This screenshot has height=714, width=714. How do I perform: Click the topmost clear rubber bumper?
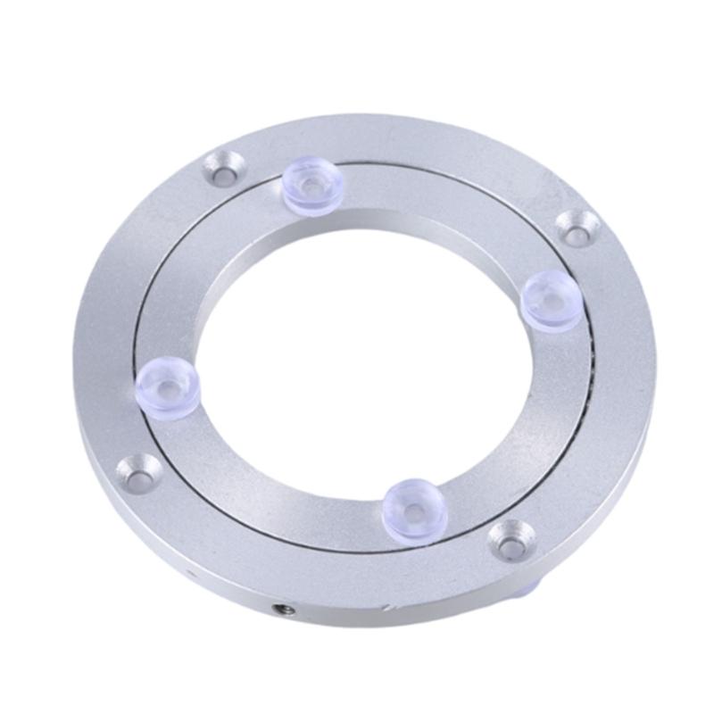tap(313, 187)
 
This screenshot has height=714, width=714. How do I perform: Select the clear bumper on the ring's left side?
tap(168, 386)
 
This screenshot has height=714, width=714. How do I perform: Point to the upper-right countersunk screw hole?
tap(577, 227)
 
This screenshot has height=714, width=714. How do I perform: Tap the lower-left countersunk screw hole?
tap(140, 472)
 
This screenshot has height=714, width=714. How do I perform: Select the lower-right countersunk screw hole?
tap(512, 539)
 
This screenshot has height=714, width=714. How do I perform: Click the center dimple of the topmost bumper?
tap(312, 187)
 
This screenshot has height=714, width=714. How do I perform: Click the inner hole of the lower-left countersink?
tap(141, 476)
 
